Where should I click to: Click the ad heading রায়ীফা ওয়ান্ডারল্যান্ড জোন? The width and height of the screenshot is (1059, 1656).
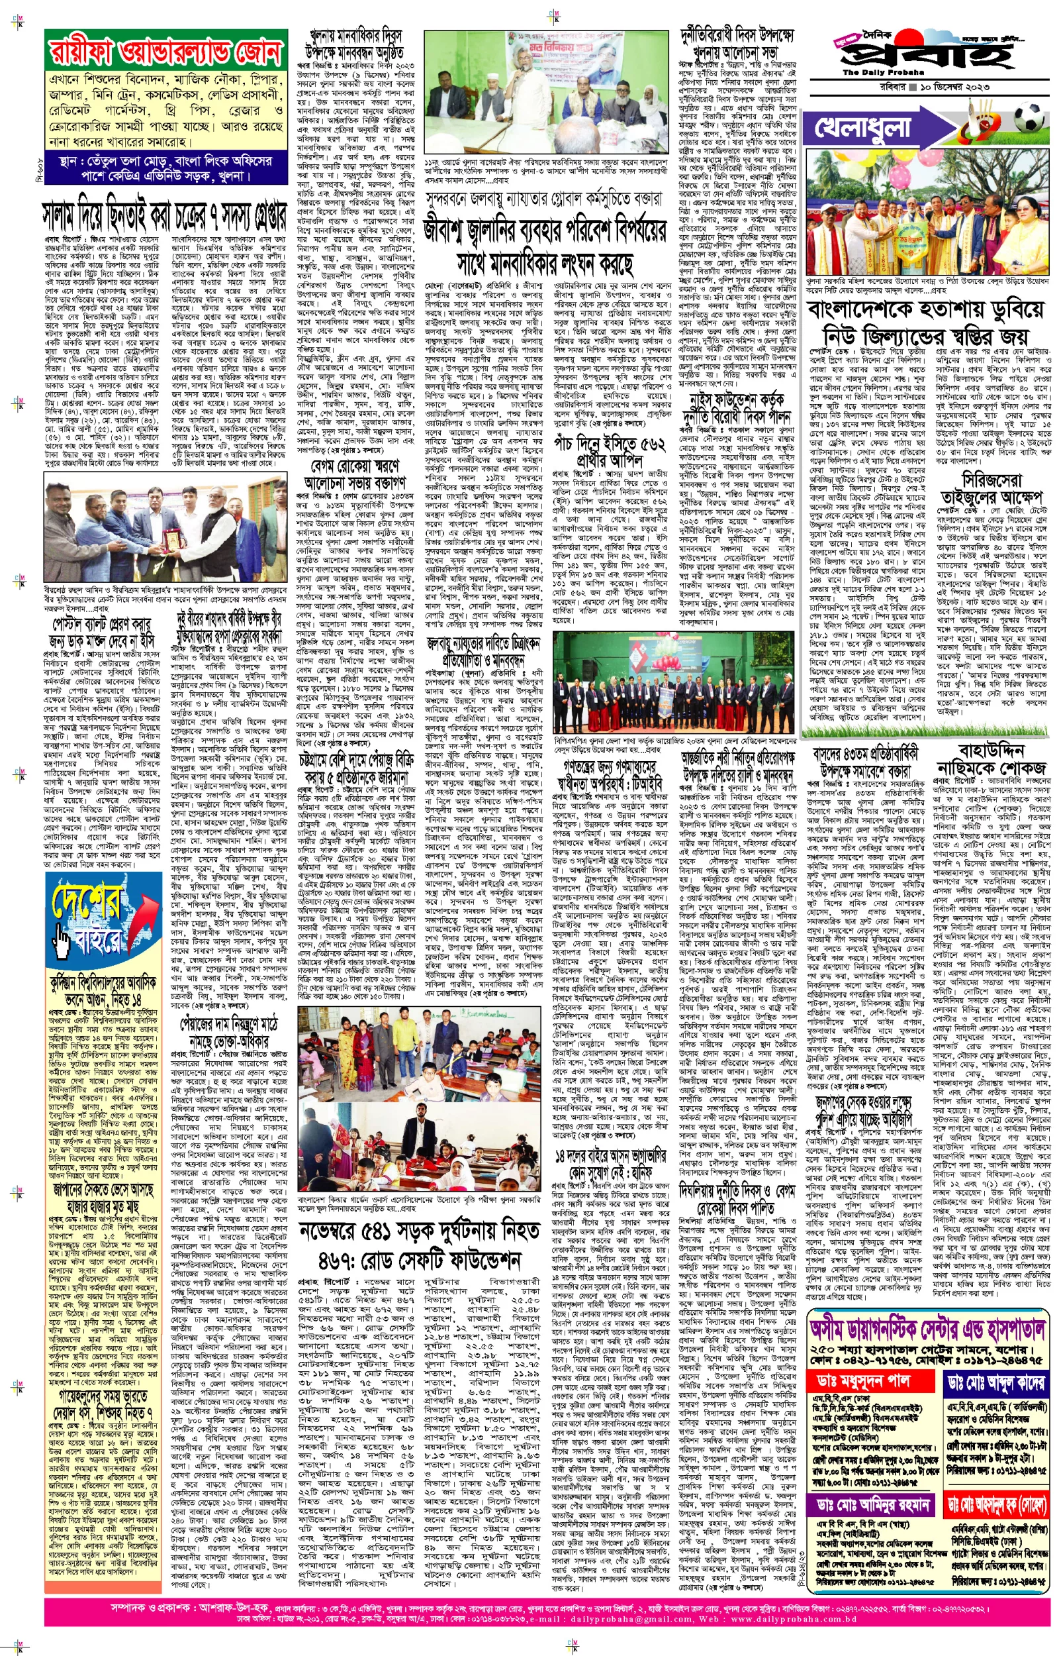click(165, 52)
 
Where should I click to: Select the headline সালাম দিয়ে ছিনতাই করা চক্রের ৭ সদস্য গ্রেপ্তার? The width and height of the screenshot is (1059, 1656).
click(165, 215)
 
